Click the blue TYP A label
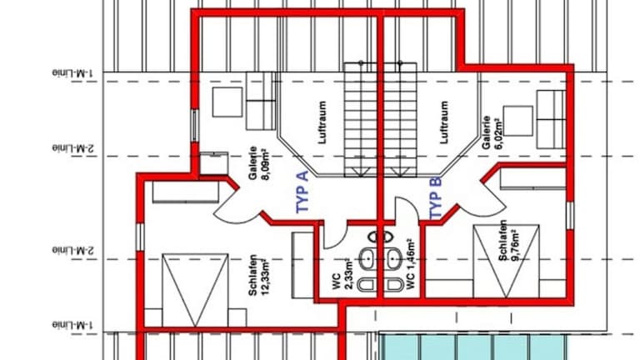click(302, 192)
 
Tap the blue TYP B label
click(436, 198)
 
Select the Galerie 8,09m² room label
click(259, 163)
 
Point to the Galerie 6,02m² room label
click(492, 132)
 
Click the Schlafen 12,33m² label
click(258, 276)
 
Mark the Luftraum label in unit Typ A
click(322, 122)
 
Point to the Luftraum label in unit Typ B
click(444, 122)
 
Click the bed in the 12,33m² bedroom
click(195, 290)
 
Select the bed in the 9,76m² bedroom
click(506, 261)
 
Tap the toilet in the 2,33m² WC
click(367, 285)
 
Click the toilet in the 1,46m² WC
click(394, 285)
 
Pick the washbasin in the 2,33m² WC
click(367, 259)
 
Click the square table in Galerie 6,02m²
click(518, 121)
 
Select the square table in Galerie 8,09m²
click(227, 102)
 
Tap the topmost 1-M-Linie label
click(72, 73)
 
